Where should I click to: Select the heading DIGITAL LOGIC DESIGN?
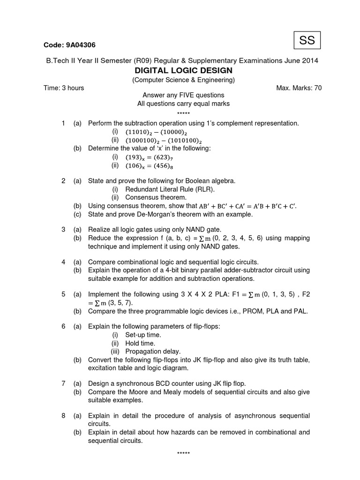tap(183, 70)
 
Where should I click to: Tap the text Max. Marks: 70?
tap(300, 88)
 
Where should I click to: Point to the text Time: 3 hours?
tap(64, 88)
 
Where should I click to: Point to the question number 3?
tap(63, 230)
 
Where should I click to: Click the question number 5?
tap(63, 294)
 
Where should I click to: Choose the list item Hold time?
tap(140, 343)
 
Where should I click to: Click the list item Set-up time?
tap(143, 335)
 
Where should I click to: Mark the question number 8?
tap(63, 416)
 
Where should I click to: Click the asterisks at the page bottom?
tap(183, 453)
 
